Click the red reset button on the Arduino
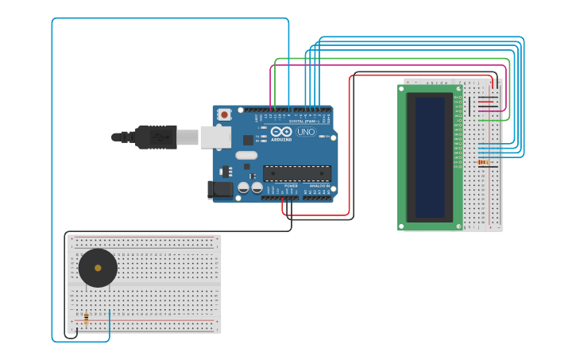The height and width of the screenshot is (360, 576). [224, 114]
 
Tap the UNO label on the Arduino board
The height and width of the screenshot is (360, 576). [306, 132]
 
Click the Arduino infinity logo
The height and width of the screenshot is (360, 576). [281, 131]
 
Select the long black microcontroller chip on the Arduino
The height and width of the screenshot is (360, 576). [296, 172]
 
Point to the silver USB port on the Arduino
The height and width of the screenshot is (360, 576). [215, 137]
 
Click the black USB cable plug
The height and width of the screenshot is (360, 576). [156, 137]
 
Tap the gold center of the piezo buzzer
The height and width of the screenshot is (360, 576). [98, 268]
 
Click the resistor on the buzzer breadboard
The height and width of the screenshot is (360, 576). [86, 319]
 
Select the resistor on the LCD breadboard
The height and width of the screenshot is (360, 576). [483, 162]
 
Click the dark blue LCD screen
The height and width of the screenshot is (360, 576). [430, 157]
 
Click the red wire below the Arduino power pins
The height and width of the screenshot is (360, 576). [318, 215]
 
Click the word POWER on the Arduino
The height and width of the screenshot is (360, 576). [291, 186]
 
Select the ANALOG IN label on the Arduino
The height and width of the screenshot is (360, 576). [319, 186]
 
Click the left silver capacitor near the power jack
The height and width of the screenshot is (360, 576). [244, 188]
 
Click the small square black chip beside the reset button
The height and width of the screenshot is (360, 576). [247, 140]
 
